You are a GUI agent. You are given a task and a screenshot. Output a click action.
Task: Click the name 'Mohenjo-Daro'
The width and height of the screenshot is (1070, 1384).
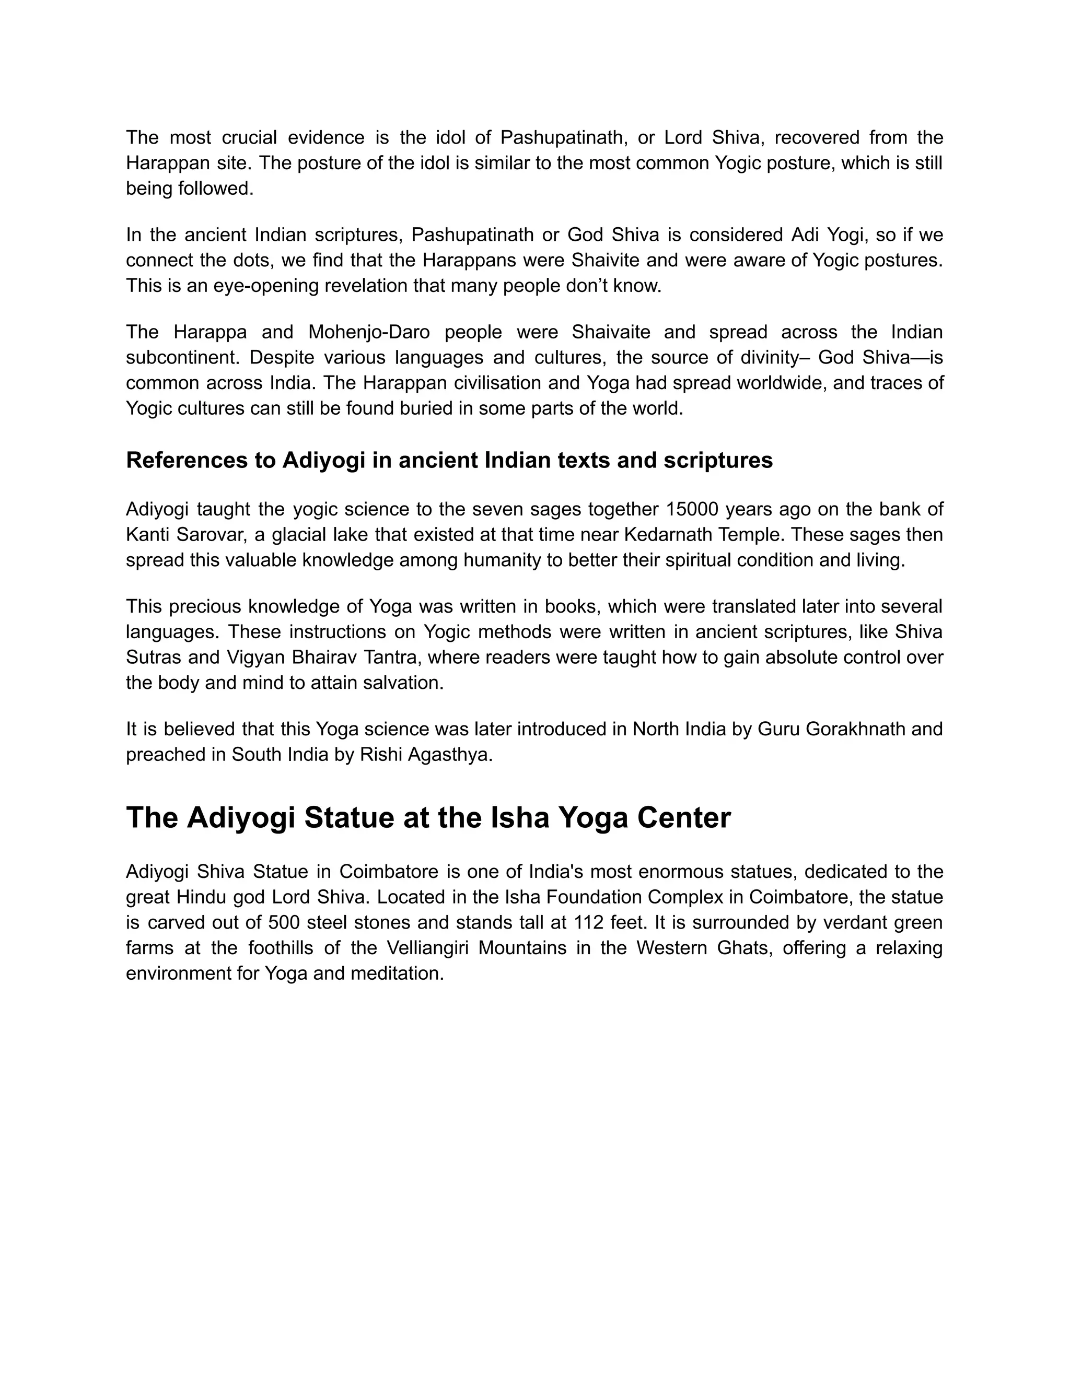point(369,332)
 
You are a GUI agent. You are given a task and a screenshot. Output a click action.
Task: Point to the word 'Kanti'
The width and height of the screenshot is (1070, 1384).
point(148,534)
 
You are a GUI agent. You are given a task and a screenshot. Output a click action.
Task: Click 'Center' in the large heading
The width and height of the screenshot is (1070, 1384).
point(684,817)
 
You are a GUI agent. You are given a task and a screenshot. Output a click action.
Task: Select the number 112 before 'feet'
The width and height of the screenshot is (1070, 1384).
point(589,922)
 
